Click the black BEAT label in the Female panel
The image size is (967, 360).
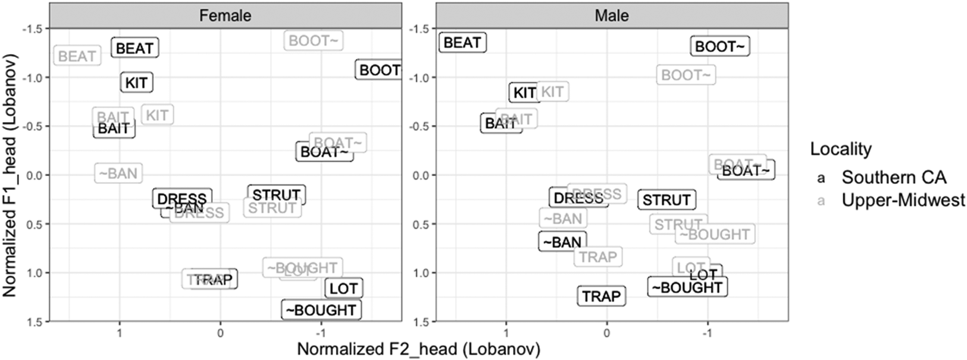click(134, 48)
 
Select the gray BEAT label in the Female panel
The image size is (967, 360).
click(77, 57)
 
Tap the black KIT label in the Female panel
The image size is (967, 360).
click(136, 83)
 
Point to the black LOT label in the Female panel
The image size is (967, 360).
click(344, 289)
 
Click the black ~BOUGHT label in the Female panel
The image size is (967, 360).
click(321, 310)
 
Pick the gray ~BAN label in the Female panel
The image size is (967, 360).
click(118, 174)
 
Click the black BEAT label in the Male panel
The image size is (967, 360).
click(462, 43)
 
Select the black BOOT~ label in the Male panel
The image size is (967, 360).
click(719, 46)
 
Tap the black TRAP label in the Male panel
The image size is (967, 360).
click(601, 296)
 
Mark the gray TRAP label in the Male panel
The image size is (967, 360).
click(598, 257)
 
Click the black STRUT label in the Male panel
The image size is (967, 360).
click(666, 200)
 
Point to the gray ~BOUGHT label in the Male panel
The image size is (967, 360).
click(715, 234)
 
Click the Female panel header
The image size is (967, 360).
click(225, 15)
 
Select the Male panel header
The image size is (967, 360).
click(612, 15)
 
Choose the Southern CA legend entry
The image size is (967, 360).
click(893, 177)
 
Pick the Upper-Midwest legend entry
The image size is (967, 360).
click(903, 201)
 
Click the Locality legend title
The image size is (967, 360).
click(840, 149)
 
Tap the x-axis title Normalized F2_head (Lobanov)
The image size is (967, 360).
click(418, 349)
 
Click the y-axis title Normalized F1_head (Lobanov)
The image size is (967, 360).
click(10, 175)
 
